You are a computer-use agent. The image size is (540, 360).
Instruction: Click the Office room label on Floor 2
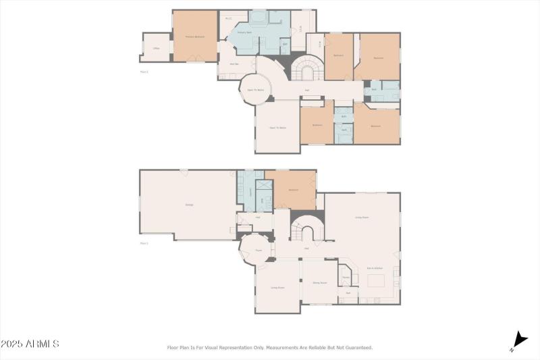pyautogui.click(x=155, y=49)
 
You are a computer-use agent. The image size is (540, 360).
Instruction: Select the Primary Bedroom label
pyautogui.click(x=195, y=36)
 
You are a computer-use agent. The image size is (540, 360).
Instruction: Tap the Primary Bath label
pyautogui.click(x=244, y=32)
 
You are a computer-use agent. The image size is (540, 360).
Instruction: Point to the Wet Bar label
pyautogui.click(x=234, y=65)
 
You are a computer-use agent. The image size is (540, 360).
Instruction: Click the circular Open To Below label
pyautogui.click(x=254, y=90)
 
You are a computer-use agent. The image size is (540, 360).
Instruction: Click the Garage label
pyautogui.click(x=189, y=205)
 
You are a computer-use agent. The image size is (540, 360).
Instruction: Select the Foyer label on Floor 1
pyautogui.click(x=258, y=251)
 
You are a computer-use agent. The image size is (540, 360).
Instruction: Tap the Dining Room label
pyautogui.click(x=319, y=282)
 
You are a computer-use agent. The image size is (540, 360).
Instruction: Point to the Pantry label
pyautogui.click(x=346, y=277)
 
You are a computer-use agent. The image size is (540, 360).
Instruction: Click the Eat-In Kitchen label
pyautogui.click(x=375, y=268)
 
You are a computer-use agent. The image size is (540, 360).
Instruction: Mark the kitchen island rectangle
pyautogui.click(x=375, y=280)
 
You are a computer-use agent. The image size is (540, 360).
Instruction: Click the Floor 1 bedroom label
pyautogui.click(x=294, y=190)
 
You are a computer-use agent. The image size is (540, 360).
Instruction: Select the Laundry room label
pyautogui.click(x=251, y=191)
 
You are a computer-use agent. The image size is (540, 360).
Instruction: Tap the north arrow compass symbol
pyautogui.click(x=519, y=340)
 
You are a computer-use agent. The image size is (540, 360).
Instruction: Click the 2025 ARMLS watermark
pyautogui.click(x=30, y=344)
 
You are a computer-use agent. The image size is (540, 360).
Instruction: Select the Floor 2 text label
pyautogui.click(x=144, y=71)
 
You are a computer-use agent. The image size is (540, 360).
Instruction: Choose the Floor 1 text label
pyautogui.click(x=144, y=242)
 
